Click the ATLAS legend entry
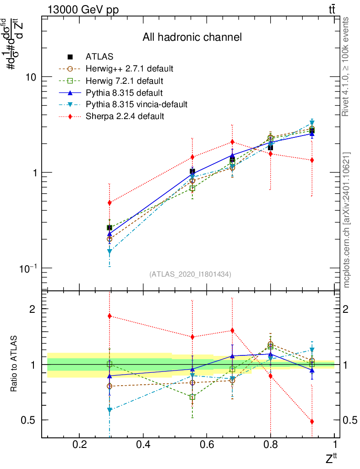coord(99,57)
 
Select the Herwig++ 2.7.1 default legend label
coord(129,69)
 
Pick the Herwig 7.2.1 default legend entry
coord(124,81)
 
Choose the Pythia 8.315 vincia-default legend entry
coord(136,104)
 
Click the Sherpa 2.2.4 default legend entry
coord(125,116)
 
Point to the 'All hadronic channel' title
coord(192,37)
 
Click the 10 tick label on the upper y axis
coord(31,77)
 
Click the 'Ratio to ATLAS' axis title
coord(15,365)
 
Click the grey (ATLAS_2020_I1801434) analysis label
coord(190,274)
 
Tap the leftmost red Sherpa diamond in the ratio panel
coord(109,316)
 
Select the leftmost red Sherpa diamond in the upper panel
coord(109,202)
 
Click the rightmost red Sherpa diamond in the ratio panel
coord(312,421)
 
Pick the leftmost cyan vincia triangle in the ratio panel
coord(109,410)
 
